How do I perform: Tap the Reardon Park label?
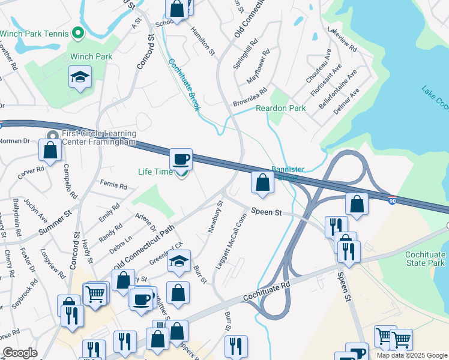click(x=281, y=108)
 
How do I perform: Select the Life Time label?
click(x=155, y=172)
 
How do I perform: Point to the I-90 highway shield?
click(x=391, y=201)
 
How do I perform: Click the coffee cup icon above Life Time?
click(x=181, y=160)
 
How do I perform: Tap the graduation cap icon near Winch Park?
click(x=80, y=78)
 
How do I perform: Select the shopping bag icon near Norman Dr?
click(x=51, y=151)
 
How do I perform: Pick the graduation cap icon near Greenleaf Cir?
click(x=178, y=262)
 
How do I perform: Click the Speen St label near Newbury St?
click(x=267, y=212)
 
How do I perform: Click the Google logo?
click(x=20, y=353)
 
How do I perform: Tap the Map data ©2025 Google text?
click(x=412, y=355)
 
